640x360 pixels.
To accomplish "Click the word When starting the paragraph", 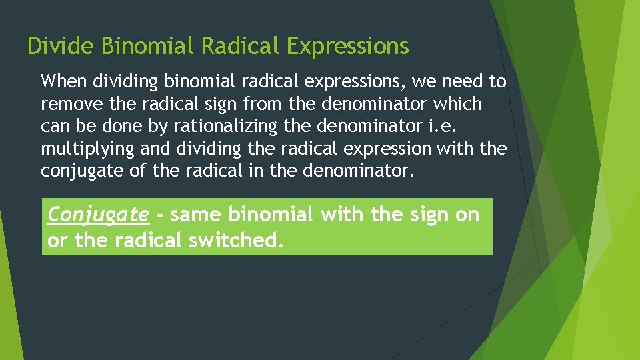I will tap(64, 82).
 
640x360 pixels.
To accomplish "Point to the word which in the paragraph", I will tap(457, 104).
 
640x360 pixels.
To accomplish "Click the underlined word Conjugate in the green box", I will tap(99, 215).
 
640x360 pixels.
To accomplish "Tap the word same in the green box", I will tap(197, 215).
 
